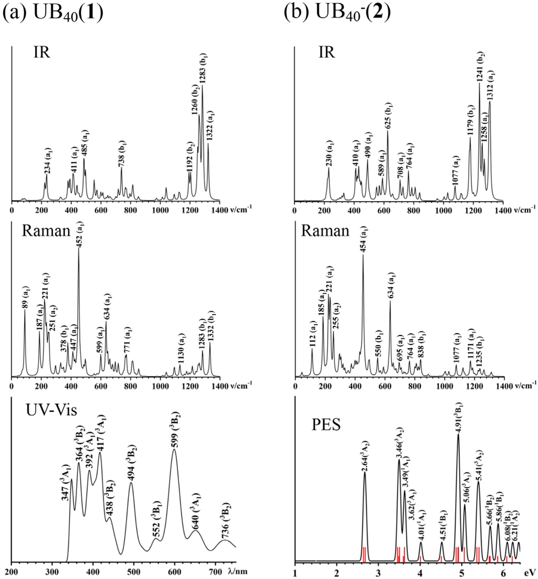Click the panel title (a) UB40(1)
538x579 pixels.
point(53,15)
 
